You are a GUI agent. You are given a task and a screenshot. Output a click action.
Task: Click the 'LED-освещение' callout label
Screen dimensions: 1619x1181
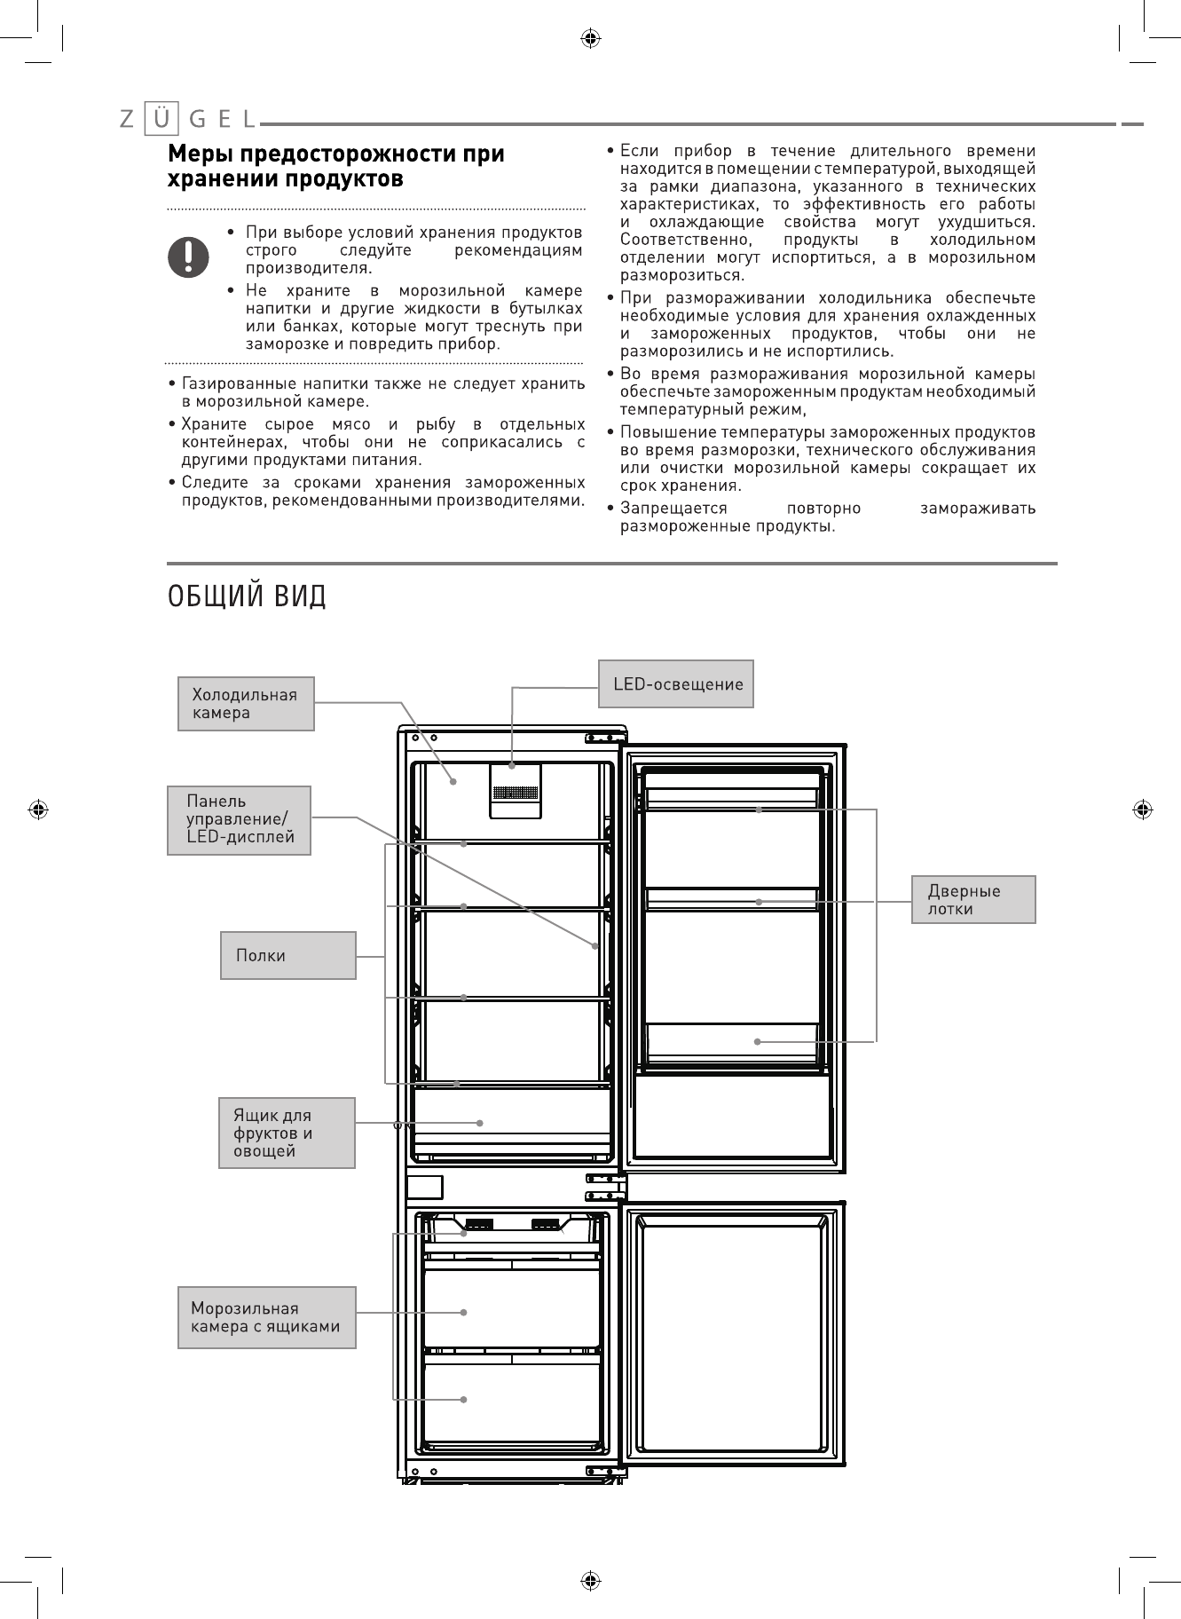[x=676, y=683]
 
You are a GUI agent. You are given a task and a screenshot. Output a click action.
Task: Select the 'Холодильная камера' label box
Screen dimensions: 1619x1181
[x=246, y=704]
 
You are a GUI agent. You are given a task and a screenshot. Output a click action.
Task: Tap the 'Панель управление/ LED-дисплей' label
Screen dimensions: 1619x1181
[x=239, y=820]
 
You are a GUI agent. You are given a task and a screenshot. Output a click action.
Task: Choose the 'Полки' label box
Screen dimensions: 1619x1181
[x=287, y=955]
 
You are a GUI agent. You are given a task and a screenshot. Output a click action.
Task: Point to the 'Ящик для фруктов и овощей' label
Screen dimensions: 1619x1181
[x=287, y=1133]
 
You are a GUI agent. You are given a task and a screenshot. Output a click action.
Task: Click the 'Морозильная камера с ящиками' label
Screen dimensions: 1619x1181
[x=266, y=1317]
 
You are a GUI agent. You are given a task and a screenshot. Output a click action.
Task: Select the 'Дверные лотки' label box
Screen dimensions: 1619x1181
[x=973, y=899]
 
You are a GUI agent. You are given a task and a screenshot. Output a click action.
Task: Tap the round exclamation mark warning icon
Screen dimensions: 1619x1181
[x=189, y=257]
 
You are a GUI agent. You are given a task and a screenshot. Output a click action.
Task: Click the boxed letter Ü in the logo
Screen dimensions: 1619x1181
[x=161, y=118]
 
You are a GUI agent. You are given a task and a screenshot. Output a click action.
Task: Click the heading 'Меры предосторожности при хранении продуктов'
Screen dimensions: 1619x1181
[x=337, y=166]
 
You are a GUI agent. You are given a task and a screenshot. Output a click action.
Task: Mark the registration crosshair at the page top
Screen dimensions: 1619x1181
[x=590, y=38]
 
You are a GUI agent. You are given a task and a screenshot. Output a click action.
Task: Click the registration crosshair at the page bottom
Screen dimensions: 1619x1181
[x=590, y=1580]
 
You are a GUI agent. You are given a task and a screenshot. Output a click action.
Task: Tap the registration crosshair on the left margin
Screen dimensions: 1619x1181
[x=38, y=809]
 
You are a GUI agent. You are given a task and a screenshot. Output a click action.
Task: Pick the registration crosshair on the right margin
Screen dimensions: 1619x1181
[x=1143, y=809]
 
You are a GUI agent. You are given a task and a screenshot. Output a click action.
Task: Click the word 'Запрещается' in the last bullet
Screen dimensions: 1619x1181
[x=673, y=509]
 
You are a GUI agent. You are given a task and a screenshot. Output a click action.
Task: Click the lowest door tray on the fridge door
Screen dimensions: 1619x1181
[x=732, y=1041]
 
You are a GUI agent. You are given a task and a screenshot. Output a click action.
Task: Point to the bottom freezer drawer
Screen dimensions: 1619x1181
[x=512, y=1401]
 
